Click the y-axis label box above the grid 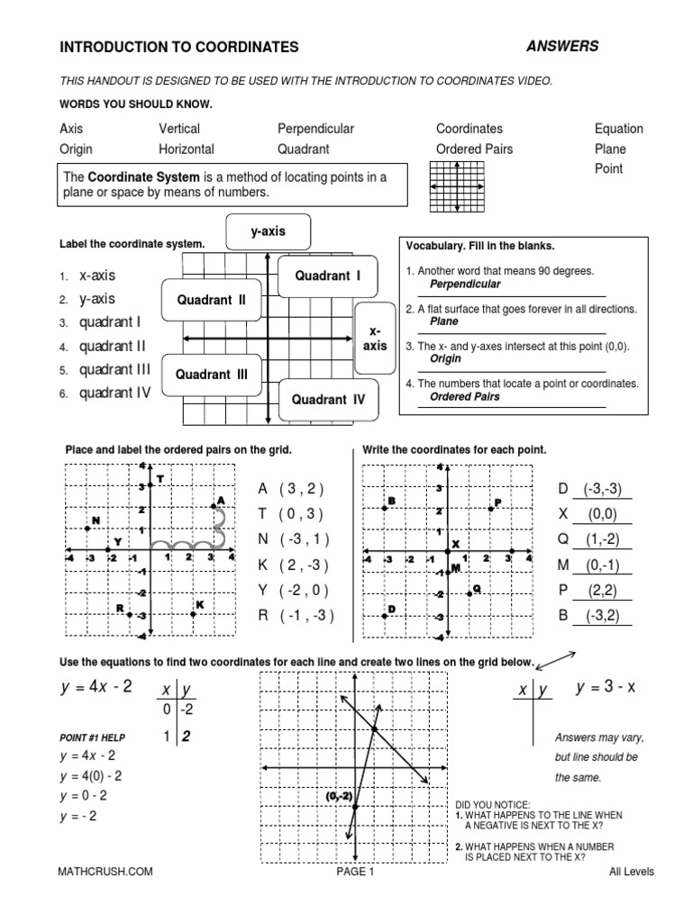tap(268, 231)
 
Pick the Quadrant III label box tap(211, 375)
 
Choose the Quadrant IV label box tap(328, 400)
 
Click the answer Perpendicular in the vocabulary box tap(464, 284)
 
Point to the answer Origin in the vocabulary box tap(444, 358)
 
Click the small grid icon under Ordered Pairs tap(458, 187)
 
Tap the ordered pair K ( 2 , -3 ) tap(290, 565)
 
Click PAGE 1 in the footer tap(351, 872)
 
